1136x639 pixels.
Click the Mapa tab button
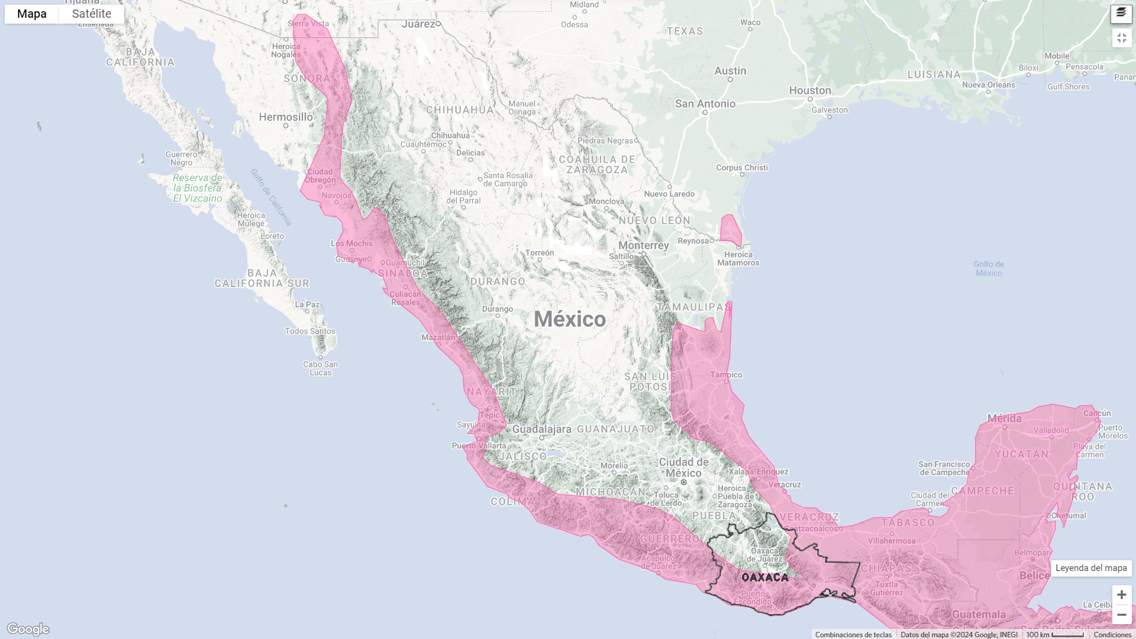32,14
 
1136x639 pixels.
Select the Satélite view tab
92,14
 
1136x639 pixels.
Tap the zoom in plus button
1121,595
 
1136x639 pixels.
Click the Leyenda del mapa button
1091,568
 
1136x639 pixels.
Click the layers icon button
1121,13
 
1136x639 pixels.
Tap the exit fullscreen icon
1121,38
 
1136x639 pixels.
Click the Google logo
28,628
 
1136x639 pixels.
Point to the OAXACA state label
764,577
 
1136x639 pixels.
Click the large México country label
570,319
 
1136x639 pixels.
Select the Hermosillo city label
286,117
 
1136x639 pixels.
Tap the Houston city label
810,91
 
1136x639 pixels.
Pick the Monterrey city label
643,246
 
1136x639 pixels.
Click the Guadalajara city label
541,429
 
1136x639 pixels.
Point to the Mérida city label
1004,418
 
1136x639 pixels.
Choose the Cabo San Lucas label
320,368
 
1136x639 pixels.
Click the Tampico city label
726,375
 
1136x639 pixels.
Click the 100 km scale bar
1054,634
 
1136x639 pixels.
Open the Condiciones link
1112,634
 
